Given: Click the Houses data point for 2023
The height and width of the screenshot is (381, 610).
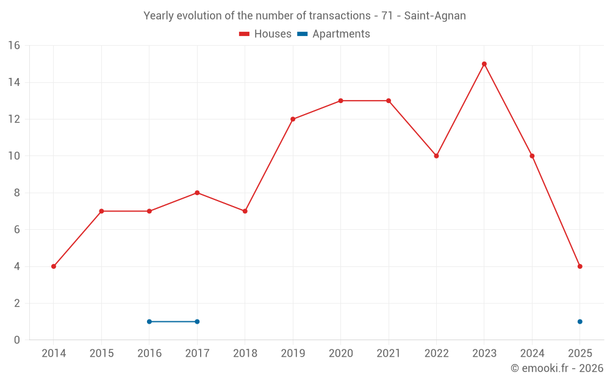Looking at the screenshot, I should click(x=484, y=64).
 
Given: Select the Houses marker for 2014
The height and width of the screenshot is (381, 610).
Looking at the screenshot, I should click(x=54, y=266).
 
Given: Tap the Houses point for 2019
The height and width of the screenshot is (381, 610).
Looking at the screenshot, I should click(x=293, y=119).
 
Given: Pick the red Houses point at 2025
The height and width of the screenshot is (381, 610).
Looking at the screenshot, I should click(x=580, y=266).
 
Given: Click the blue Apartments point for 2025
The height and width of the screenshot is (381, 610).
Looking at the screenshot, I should click(x=580, y=321).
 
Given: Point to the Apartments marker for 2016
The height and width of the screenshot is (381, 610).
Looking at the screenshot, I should click(x=149, y=321).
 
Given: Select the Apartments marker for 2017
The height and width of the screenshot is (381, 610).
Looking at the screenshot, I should click(x=197, y=321).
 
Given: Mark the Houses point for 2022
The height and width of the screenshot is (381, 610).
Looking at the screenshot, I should click(x=436, y=156).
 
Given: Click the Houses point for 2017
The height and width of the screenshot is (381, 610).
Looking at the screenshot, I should click(x=197, y=193).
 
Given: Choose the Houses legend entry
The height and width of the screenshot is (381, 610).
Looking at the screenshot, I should click(x=265, y=34).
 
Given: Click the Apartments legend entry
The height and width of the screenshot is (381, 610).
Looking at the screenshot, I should click(x=334, y=34).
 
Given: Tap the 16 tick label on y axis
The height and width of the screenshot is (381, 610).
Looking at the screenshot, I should click(x=13, y=45).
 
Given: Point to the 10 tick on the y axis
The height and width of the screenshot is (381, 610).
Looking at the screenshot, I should click(x=13, y=156).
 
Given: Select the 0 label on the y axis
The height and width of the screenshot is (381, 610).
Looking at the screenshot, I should click(x=16, y=340).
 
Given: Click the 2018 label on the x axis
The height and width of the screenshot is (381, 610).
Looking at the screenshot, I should click(x=245, y=354).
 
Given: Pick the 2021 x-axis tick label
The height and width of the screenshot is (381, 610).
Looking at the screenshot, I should click(x=389, y=354).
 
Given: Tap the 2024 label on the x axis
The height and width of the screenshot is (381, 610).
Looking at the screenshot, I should click(x=532, y=354).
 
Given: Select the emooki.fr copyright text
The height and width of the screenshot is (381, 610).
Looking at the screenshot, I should click(x=556, y=368).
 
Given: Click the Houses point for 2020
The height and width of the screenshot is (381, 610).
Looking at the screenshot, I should click(x=340, y=101).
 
